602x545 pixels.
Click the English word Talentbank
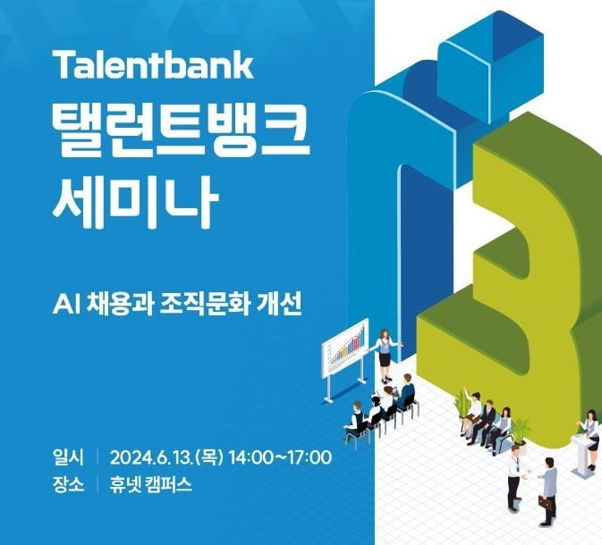click(154, 65)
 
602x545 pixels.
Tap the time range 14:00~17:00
click(281, 459)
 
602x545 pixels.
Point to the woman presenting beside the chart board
click(385, 350)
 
